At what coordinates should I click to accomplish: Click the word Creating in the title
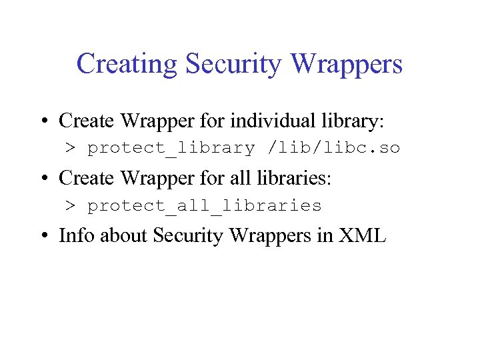127,65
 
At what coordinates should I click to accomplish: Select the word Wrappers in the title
347,65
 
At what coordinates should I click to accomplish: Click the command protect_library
171,148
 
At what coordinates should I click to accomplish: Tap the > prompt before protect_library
70,148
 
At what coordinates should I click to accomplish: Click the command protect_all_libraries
205,206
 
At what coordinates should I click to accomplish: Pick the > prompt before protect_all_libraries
70,206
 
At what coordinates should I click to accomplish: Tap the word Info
74,236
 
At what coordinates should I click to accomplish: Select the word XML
363,236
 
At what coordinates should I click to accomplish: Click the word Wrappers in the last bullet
274,237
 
